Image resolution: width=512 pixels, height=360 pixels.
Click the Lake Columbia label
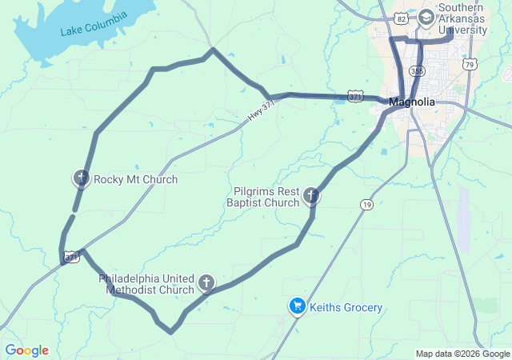(94, 25)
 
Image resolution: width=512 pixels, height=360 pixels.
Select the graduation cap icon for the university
(426, 17)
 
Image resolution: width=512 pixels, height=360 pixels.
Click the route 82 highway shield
(401, 17)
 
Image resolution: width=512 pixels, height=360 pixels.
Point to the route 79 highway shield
(470, 64)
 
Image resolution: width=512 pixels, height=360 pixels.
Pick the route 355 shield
(416, 71)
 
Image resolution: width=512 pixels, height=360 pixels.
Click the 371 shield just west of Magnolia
(355, 95)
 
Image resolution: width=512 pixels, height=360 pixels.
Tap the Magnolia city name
(412, 102)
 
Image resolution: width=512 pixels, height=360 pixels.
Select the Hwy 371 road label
(261, 112)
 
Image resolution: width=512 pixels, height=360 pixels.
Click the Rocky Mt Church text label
(135, 179)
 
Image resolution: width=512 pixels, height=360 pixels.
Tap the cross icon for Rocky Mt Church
(81, 178)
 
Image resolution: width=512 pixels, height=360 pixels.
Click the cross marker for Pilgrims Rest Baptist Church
(311, 195)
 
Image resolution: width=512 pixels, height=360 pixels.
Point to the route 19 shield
(366, 205)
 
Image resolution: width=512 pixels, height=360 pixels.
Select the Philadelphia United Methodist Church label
(146, 284)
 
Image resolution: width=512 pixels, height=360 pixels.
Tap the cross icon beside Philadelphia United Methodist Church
(206, 282)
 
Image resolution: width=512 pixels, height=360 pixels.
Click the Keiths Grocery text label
(346, 307)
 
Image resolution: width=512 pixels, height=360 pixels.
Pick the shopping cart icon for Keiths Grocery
(297, 306)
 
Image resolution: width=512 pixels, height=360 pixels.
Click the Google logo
(26, 350)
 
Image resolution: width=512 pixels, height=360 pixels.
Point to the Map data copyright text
(462, 354)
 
